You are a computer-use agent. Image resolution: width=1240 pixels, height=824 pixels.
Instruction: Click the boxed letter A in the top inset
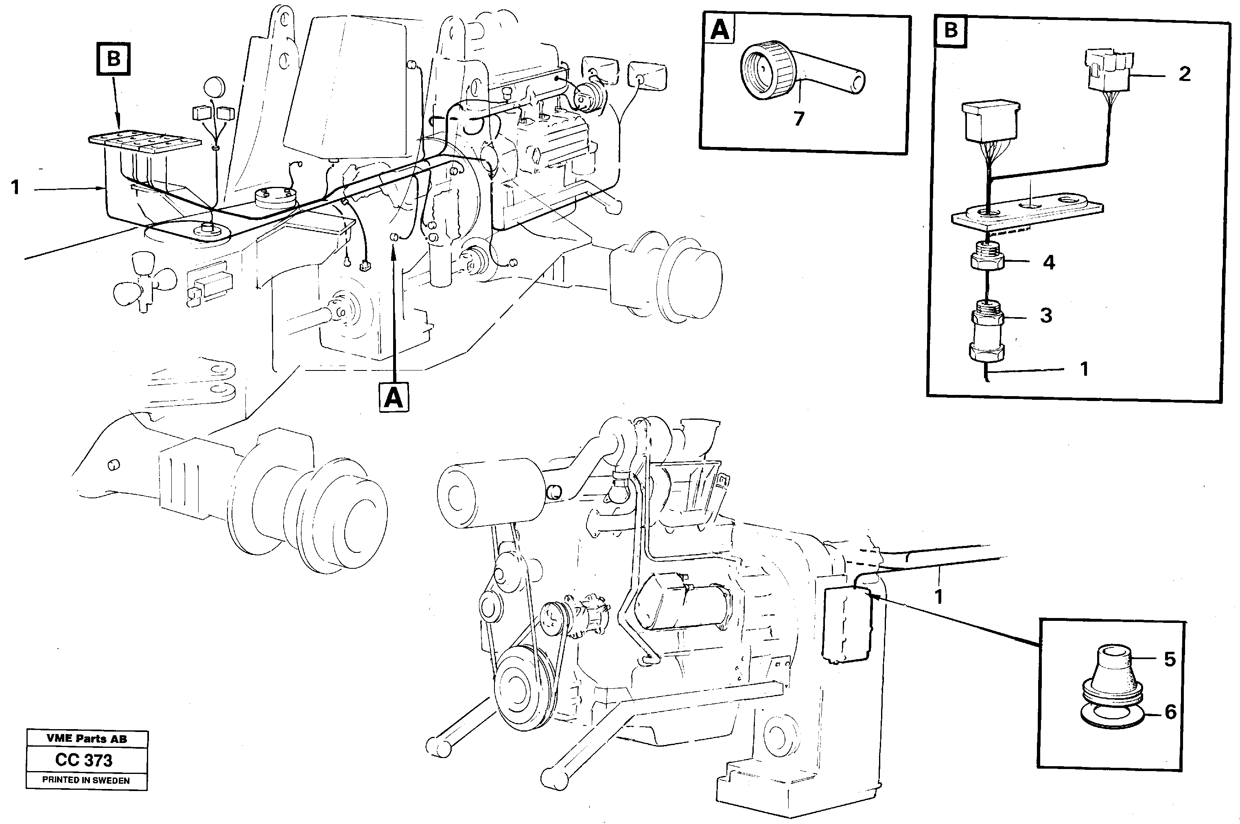[719, 30]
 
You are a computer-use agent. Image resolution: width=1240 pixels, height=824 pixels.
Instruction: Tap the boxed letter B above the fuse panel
[114, 59]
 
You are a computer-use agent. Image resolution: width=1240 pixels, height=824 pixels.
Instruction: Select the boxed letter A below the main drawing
[394, 397]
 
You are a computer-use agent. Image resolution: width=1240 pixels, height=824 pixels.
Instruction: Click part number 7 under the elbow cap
[798, 119]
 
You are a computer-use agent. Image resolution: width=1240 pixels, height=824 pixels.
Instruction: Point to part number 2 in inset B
[1184, 74]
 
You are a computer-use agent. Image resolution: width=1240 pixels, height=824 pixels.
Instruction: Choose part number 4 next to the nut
[1048, 262]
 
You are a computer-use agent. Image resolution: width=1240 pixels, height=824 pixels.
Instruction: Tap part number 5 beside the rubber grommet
[1170, 659]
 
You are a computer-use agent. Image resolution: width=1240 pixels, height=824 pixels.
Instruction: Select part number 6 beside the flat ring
[1170, 712]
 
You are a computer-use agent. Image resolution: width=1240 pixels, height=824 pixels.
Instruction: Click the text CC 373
[84, 760]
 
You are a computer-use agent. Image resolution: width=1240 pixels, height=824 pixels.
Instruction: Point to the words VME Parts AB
[86, 739]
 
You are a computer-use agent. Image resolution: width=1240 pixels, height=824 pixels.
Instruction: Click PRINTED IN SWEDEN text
[85, 780]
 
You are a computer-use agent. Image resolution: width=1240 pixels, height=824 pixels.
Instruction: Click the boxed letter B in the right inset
[950, 31]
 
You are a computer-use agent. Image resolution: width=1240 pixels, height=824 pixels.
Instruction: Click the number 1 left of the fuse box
[16, 188]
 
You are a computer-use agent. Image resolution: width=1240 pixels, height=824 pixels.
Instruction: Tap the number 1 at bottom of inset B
[1084, 369]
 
